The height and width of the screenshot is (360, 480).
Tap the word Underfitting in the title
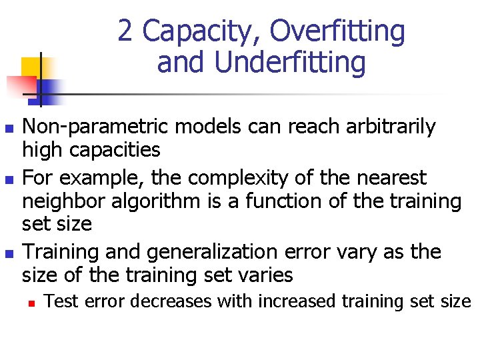click(291, 63)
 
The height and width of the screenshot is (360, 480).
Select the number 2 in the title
click(125, 31)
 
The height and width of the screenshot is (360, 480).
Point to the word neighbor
click(65, 201)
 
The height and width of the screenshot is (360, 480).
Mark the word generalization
click(196, 252)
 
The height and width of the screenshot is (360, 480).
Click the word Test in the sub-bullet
click(59, 301)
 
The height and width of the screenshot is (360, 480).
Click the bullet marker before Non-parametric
click(8, 127)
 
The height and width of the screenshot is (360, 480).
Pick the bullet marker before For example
click(8, 179)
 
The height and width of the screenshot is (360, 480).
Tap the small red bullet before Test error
click(32, 303)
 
